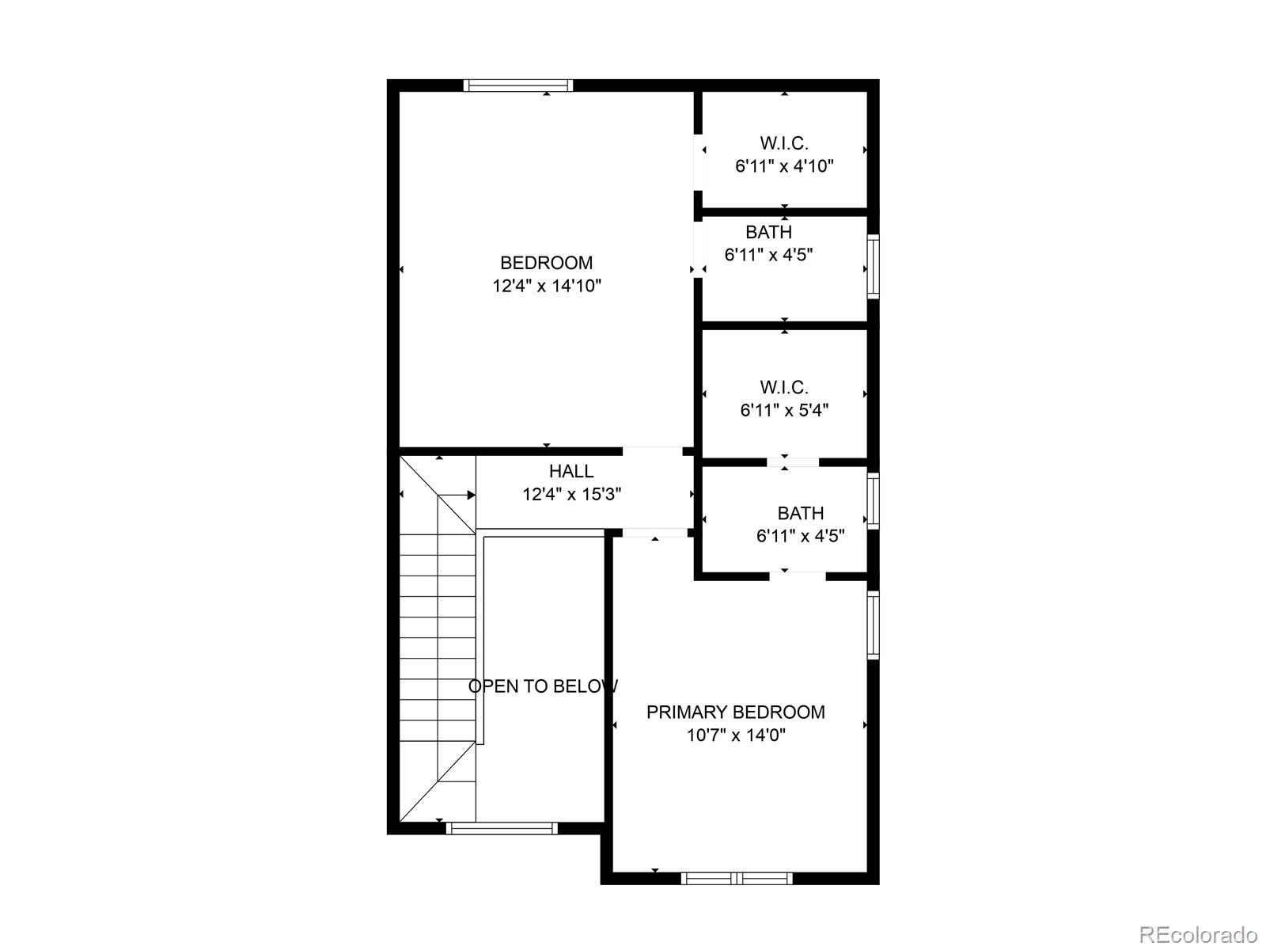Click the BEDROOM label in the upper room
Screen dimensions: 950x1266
[546, 263]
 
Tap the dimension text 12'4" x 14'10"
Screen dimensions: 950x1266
[547, 286]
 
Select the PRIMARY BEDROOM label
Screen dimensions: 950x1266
[735, 712]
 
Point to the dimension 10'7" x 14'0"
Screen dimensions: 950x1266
[735, 735]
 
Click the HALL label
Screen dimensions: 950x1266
[571, 471]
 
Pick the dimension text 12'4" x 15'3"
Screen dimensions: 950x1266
[571, 495]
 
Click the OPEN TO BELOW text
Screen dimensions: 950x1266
[543, 686]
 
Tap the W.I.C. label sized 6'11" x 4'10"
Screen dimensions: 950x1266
[784, 143]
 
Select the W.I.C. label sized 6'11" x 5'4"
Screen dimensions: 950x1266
[784, 387]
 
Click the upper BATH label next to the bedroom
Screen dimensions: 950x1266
[768, 232]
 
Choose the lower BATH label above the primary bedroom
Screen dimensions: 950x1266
[800, 513]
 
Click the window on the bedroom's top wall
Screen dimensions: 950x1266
[517, 85]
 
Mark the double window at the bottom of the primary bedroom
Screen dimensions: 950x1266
[737, 877]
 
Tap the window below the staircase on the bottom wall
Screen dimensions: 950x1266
[502, 828]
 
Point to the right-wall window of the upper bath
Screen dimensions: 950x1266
[874, 266]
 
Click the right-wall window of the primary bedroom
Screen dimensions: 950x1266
[874, 625]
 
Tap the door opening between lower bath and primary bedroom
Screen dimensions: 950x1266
[798, 576]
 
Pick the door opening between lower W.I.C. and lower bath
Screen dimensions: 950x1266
[793, 462]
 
